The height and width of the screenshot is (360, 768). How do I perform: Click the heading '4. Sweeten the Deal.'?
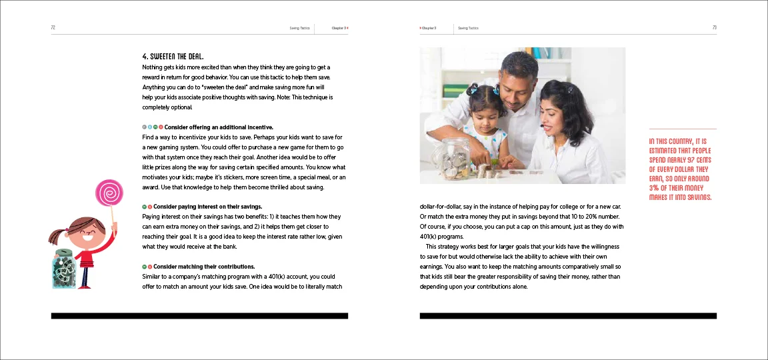coord(177,56)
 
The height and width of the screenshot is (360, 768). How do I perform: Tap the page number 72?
coord(53,28)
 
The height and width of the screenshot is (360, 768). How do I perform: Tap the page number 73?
coord(714,28)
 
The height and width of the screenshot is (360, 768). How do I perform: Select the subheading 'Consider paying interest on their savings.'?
coord(207,207)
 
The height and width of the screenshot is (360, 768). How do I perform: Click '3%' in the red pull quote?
coord(656,188)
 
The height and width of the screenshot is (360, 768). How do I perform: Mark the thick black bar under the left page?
coord(199,315)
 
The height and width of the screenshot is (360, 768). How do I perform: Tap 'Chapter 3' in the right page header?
coord(428,28)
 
